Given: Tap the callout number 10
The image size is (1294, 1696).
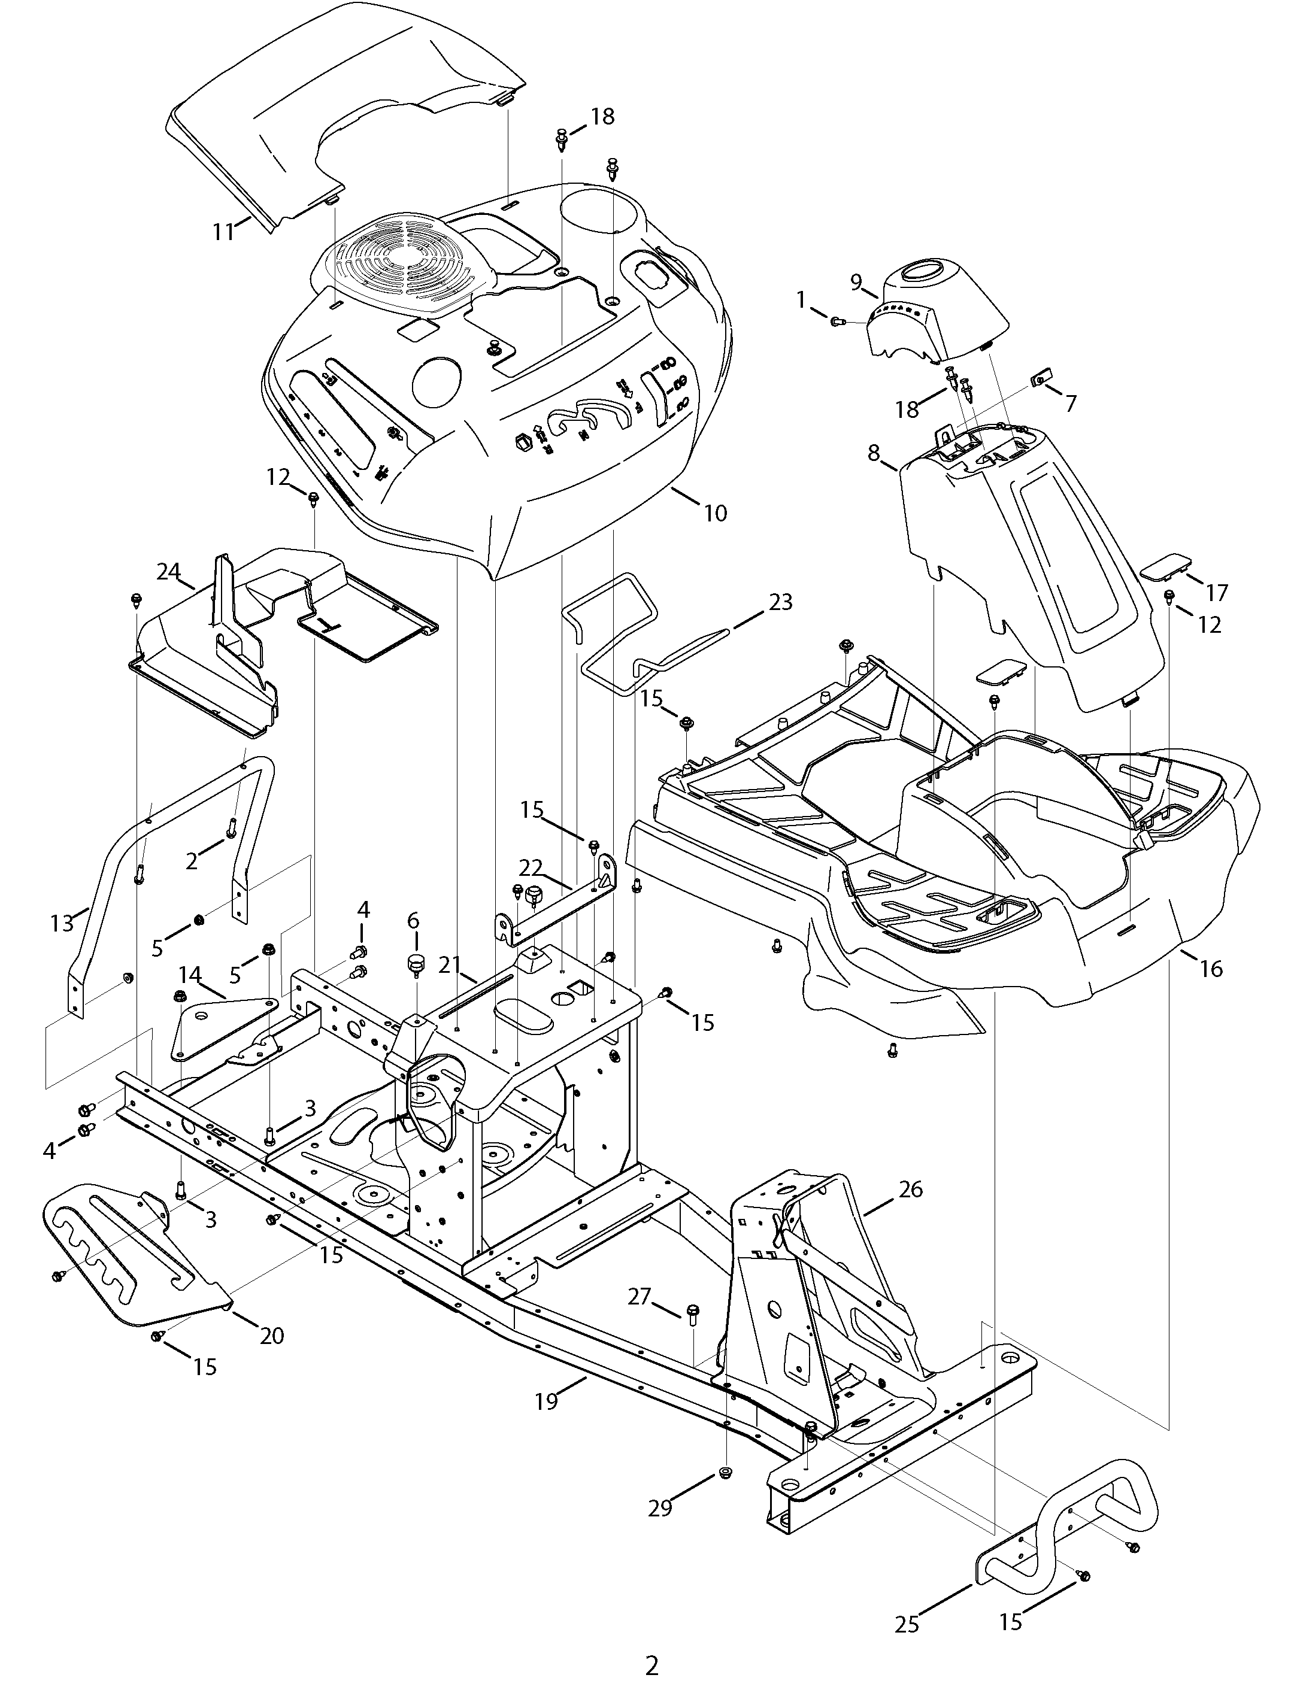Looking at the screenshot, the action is (716, 512).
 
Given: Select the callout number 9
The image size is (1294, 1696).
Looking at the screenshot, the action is (856, 283).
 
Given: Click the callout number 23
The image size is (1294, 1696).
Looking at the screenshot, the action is (780, 602).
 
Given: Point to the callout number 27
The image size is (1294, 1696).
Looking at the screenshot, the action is (640, 1297).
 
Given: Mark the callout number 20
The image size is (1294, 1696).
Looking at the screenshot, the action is (272, 1336).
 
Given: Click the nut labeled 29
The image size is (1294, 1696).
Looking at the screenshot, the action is (724, 1473).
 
